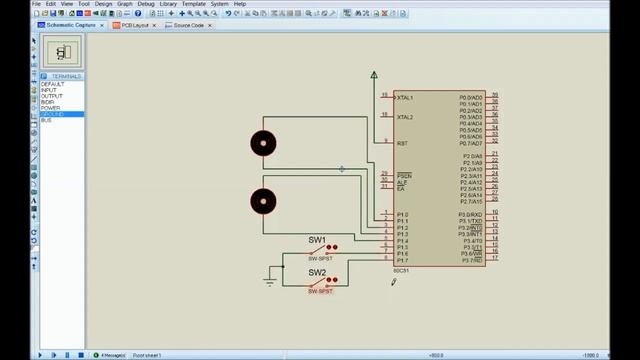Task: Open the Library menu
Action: (168, 4)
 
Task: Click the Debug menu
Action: (146, 4)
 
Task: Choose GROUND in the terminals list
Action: (53, 114)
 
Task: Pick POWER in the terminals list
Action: (50, 108)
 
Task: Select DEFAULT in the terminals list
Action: (52, 84)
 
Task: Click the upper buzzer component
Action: (264, 143)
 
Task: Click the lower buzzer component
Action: (264, 201)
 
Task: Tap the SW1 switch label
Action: (316, 240)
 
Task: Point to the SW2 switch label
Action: (316, 273)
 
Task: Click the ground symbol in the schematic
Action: (270, 282)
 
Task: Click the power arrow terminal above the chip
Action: (374, 74)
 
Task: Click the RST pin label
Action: (402, 143)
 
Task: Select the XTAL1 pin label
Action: (405, 97)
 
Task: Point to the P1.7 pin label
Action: (402, 261)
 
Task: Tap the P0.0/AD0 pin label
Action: (471, 97)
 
